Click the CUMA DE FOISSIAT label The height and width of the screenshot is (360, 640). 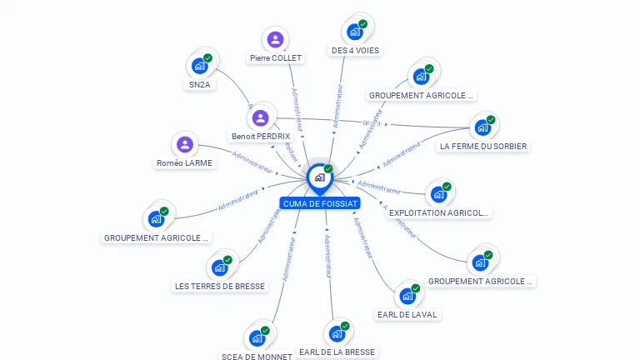[320, 203]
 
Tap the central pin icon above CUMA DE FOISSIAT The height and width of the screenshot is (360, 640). [320, 177]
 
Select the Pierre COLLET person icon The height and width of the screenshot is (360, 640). [275, 39]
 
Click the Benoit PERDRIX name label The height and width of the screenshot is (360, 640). [261, 136]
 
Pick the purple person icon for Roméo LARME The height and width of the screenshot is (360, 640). [185, 144]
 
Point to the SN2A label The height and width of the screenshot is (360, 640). [198, 84]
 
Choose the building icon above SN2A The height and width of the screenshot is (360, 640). [199, 66]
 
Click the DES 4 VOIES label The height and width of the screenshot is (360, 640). [355, 51]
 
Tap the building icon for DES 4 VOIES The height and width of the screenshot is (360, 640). [355, 32]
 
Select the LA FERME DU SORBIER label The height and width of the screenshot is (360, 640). [483, 147]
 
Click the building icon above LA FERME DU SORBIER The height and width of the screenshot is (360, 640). [482, 127]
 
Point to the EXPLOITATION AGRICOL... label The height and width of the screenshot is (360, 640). [439, 213]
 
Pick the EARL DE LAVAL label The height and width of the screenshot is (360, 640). [407, 315]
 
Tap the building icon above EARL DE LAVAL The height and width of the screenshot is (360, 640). [407, 296]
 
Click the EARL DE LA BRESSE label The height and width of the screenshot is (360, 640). [337, 352]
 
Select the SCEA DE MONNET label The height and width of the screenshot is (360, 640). [257, 357]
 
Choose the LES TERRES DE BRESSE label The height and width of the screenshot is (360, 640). [220, 287]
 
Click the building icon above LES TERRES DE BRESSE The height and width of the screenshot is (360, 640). [220, 267]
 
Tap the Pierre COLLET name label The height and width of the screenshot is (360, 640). [275, 58]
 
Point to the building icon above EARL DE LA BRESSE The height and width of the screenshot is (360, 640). [337, 333]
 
